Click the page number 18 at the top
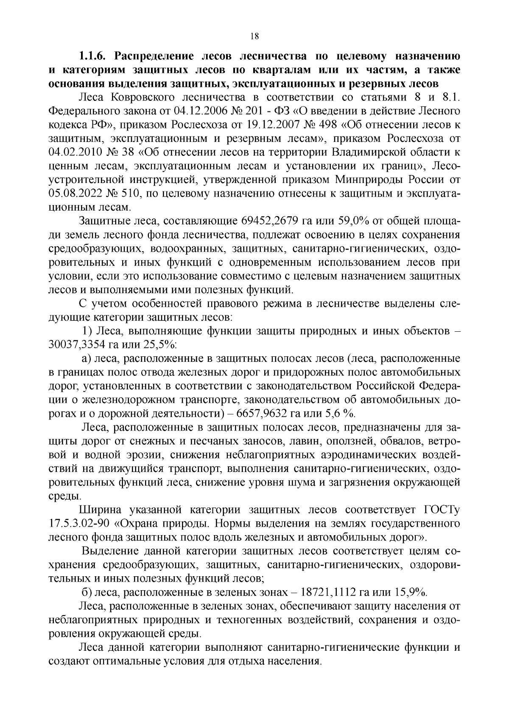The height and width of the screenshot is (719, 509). point(254,36)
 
